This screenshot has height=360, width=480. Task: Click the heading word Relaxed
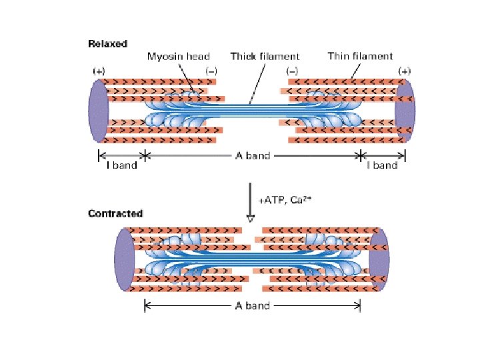[107, 44]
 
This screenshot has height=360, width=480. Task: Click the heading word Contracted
[115, 214]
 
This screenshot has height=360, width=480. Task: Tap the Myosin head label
[179, 57]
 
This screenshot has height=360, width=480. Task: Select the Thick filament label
[265, 57]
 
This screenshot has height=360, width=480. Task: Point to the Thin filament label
[360, 56]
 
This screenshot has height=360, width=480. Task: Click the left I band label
[121, 165]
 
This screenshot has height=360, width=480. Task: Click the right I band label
[383, 165]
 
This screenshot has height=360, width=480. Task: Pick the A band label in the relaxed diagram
[253, 156]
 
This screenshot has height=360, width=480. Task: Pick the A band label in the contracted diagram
[253, 306]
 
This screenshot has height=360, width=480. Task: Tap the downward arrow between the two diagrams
[250, 203]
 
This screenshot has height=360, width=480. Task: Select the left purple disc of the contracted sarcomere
[125, 259]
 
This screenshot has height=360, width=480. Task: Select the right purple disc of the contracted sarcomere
[379, 259]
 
